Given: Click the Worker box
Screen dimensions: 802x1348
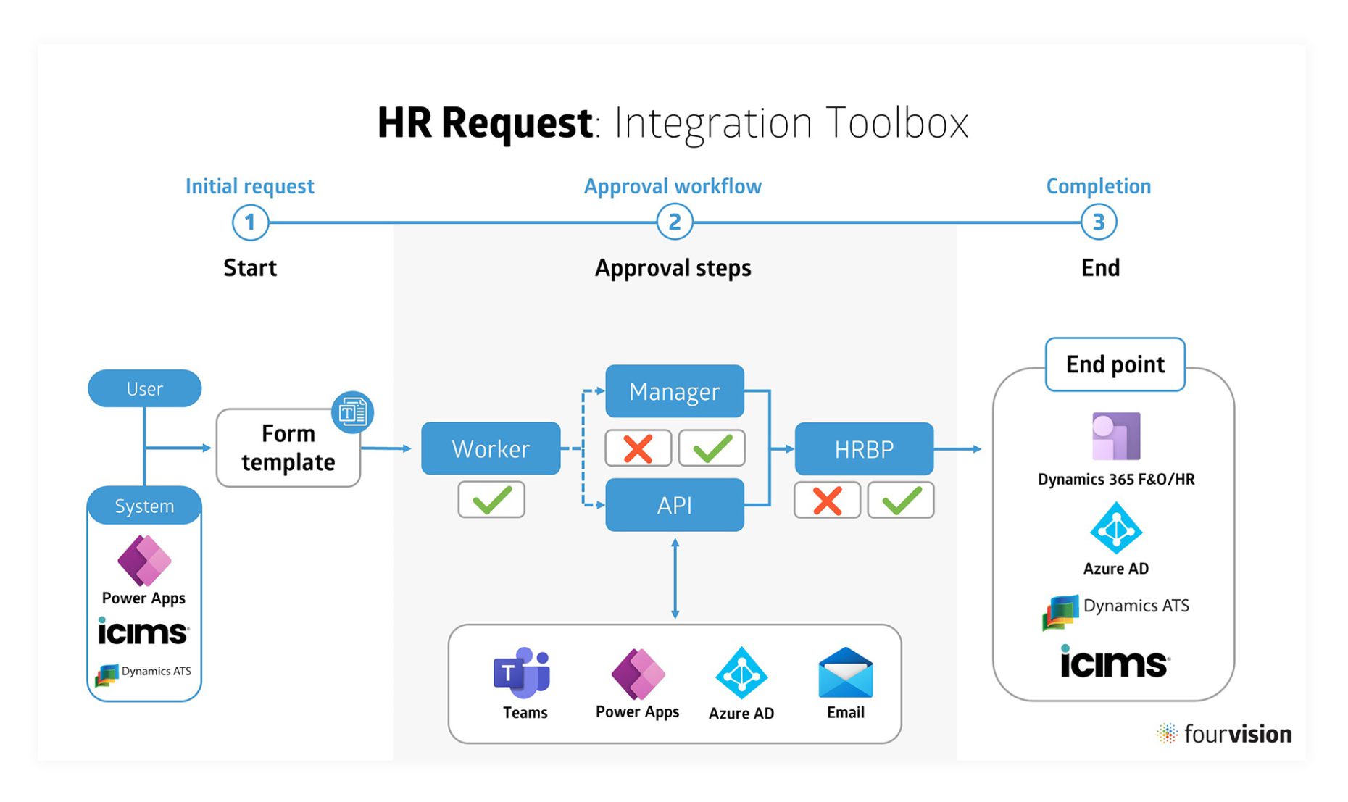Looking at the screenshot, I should tap(491, 448).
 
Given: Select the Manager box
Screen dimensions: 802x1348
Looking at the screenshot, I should tap(674, 391).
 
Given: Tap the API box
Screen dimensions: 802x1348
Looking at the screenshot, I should tap(674, 505).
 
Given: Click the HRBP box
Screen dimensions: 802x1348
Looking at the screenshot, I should tap(863, 449).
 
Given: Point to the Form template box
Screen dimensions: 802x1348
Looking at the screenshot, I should tap(288, 448).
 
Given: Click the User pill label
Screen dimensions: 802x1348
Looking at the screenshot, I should tap(144, 388).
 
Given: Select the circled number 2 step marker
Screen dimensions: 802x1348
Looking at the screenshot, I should tap(674, 222).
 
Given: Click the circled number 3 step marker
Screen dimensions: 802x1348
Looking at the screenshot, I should tap(1098, 222).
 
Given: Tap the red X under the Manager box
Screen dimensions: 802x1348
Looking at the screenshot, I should tap(638, 448).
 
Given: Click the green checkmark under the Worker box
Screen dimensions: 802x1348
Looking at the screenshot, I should tap(491, 500).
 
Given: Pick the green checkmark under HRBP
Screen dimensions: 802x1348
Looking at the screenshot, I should tap(900, 500).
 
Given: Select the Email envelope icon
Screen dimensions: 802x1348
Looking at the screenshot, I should tap(845, 672).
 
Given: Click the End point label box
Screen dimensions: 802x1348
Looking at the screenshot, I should tap(1115, 364).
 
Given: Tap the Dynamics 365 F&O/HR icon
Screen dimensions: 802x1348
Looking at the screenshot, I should tap(1116, 436).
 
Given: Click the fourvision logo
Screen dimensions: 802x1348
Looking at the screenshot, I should tap(1225, 734).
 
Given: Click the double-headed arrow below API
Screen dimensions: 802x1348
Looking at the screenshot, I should tap(675, 578).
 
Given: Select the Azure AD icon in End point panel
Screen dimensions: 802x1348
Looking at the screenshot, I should tap(1116, 529).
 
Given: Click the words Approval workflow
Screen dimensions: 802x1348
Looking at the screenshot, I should tap(673, 186).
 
